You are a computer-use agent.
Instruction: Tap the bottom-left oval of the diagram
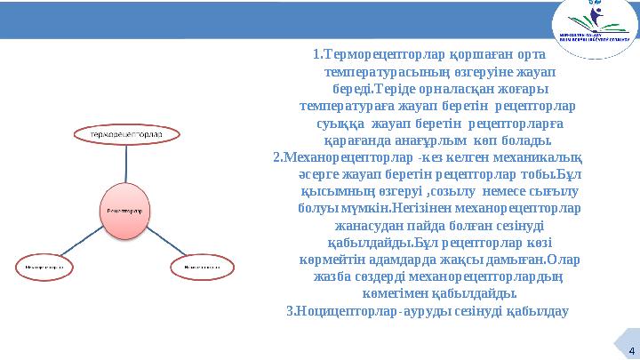pyautogui.click(x=44, y=266)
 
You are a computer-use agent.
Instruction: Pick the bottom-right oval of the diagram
pyautogui.click(x=203, y=266)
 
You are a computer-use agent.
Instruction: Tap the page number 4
pyautogui.click(x=628, y=348)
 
